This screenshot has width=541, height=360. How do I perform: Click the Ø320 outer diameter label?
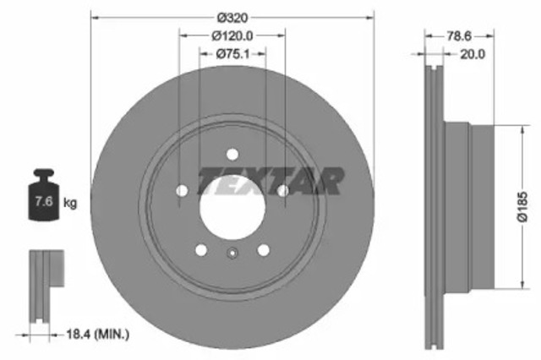click(232, 17)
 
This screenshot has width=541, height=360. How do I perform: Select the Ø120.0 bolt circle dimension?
click(232, 35)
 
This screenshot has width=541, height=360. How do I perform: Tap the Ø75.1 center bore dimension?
click(232, 54)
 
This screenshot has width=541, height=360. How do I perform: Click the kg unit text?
click(71, 204)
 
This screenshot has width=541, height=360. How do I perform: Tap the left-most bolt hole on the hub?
click(181, 191)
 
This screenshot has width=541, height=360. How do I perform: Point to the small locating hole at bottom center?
click(232, 254)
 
